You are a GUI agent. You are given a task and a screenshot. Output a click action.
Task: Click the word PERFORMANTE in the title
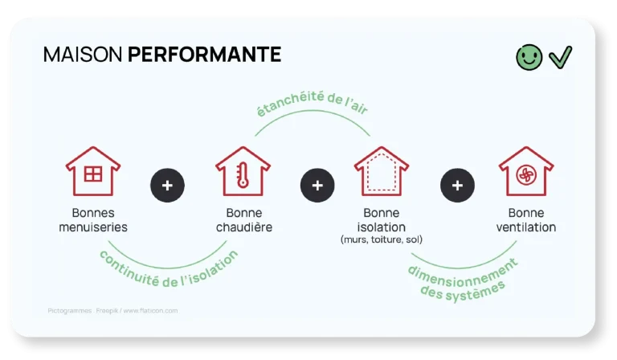(204, 55)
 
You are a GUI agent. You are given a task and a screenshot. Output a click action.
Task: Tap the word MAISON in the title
(83, 55)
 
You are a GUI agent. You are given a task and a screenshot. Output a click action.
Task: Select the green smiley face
(529, 57)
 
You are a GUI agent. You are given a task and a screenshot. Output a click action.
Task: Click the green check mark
(560, 57)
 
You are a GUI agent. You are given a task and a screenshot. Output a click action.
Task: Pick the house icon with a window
(93, 171)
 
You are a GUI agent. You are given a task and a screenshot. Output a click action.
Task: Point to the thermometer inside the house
(242, 175)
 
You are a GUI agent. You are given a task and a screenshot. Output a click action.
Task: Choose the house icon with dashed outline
(382, 171)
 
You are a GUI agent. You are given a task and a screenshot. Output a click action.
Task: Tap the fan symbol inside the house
(526, 175)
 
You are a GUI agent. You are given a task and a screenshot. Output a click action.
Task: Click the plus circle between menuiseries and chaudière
(167, 186)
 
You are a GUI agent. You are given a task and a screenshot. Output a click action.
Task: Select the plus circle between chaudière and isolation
(317, 186)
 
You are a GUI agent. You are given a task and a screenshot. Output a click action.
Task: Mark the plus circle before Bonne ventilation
(457, 186)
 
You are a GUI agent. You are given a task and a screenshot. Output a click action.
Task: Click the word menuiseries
(93, 227)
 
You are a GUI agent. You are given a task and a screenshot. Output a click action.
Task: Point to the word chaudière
(244, 227)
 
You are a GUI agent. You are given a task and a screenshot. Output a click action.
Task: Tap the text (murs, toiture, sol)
(382, 239)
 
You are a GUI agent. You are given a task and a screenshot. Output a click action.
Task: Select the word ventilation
(526, 227)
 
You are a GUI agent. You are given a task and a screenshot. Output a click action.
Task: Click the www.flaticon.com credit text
(150, 311)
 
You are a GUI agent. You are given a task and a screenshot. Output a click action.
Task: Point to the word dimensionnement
(463, 276)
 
